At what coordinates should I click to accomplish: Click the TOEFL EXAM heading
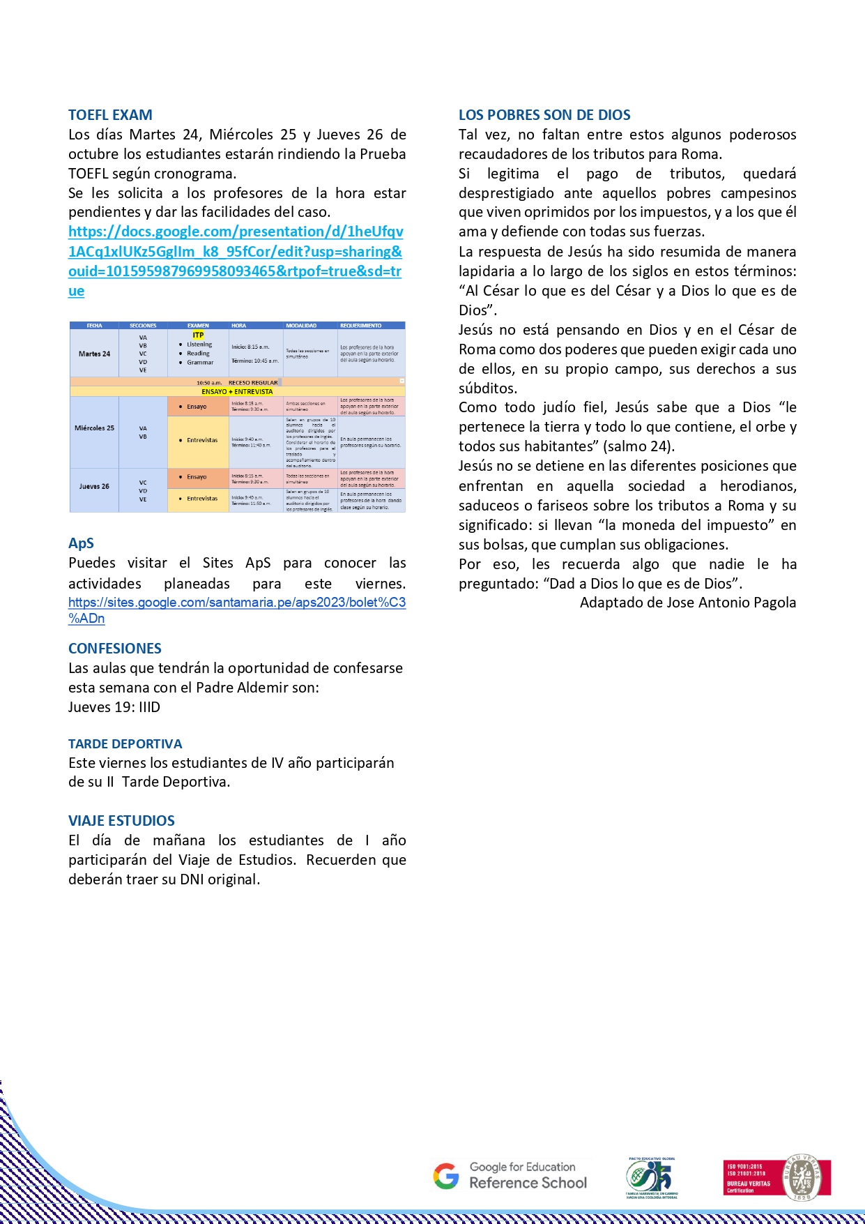(110, 115)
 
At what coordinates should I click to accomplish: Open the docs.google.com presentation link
(236, 252)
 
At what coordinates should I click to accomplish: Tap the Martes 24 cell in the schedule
(94, 354)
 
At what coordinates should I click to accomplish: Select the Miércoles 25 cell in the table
(94, 428)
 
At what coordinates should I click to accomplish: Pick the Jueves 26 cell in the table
(94, 486)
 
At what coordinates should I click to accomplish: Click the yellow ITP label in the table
(198, 335)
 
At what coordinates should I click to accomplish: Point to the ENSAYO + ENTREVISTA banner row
(237, 392)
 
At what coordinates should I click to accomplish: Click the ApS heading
(81, 543)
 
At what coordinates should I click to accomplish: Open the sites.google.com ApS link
(236, 603)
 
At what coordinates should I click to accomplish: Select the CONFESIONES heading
(115, 649)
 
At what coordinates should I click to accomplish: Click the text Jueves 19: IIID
(114, 707)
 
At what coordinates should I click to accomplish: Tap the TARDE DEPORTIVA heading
(125, 744)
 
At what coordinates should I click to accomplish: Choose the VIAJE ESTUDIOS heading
(121, 821)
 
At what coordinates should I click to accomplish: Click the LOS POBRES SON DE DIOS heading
(544, 115)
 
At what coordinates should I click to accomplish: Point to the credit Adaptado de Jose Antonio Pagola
(687, 603)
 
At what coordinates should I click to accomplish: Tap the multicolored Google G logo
(446, 1176)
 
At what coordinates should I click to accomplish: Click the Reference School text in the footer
(528, 1183)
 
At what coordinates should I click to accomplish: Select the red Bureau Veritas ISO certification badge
(776, 1177)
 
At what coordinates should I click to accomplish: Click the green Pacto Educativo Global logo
(652, 1178)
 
